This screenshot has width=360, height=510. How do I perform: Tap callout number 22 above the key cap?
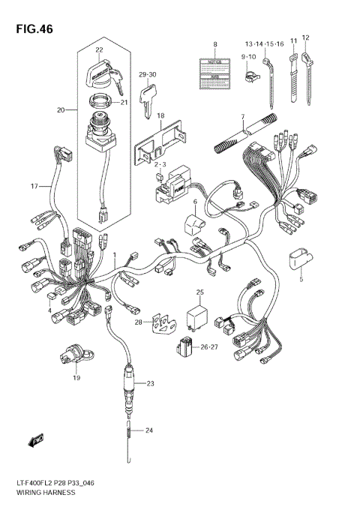point(98,50)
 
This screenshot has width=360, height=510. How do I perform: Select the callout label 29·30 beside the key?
point(147,74)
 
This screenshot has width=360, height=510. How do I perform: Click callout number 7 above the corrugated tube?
point(242,116)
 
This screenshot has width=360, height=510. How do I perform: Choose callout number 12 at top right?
point(305,37)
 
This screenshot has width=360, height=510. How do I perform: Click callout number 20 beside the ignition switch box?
point(61,110)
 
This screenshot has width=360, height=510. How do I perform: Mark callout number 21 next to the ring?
point(124,103)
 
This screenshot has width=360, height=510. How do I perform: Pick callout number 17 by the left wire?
point(34,186)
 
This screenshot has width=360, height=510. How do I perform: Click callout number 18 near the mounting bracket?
point(160,116)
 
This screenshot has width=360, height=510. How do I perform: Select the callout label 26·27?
point(209,347)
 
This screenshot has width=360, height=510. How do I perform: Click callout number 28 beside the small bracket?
point(137,322)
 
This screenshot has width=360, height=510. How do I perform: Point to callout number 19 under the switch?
point(75,379)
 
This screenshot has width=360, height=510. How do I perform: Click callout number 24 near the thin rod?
point(148,430)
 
